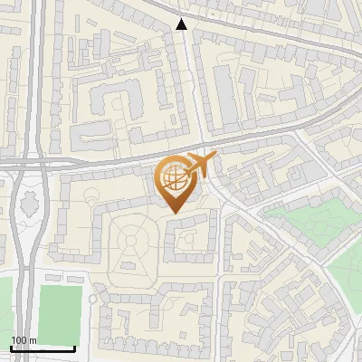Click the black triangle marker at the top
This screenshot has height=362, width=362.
(x=182, y=24)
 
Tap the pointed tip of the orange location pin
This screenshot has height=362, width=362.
(x=174, y=212)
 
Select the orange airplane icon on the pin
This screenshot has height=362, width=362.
(x=199, y=167)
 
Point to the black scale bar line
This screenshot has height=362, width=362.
(x=42, y=348)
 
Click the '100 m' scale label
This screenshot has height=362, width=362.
(x=24, y=340)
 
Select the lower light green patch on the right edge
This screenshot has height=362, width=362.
(x=346, y=267)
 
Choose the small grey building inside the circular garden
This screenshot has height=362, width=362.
(x=129, y=266)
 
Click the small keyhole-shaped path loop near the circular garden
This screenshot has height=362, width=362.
(x=90, y=192)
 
